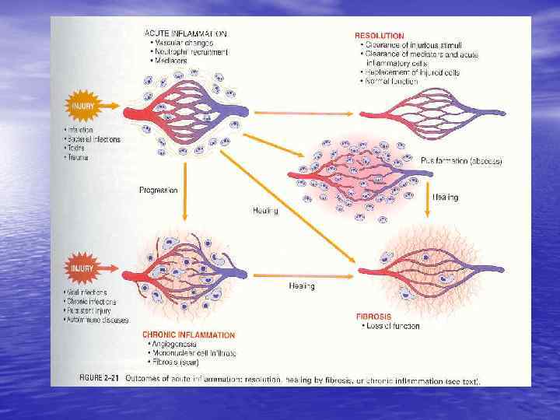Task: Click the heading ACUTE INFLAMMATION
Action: (186, 33)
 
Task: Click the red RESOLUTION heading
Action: (379, 36)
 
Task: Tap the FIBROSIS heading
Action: (378, 317)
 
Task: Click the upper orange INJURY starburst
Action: (83, 105)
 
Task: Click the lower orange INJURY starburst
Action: (82, 269)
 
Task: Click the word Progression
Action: (158, 190)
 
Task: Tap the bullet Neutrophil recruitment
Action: (191, 52)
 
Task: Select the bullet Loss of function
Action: (393, 326)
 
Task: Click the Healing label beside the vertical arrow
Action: (445, 198)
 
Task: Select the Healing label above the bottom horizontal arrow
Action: (302, 286)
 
